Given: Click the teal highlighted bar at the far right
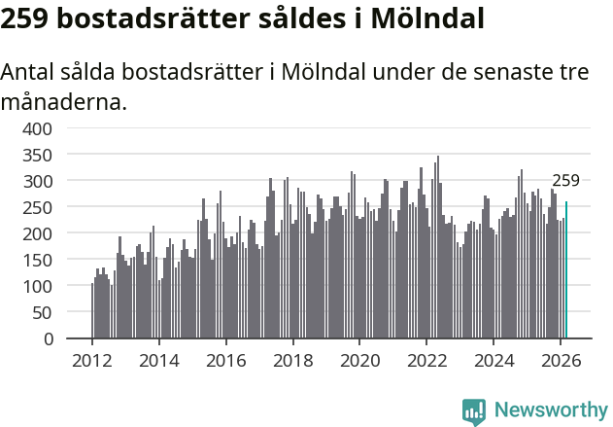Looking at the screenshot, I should tap(566, 270).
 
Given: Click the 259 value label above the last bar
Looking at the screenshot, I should tap(565, 181).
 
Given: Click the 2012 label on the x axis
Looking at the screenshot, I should tap(92, 360).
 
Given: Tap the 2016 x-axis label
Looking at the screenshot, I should tap(225, 360).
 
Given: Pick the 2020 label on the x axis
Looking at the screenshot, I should tap(359, 360).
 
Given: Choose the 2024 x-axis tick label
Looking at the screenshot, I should tap(493, 360).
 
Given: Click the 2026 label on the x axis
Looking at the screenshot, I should tap(560, 360).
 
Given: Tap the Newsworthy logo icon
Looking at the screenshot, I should tap(474, 411).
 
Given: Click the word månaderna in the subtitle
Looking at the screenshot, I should tap(63, 101).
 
